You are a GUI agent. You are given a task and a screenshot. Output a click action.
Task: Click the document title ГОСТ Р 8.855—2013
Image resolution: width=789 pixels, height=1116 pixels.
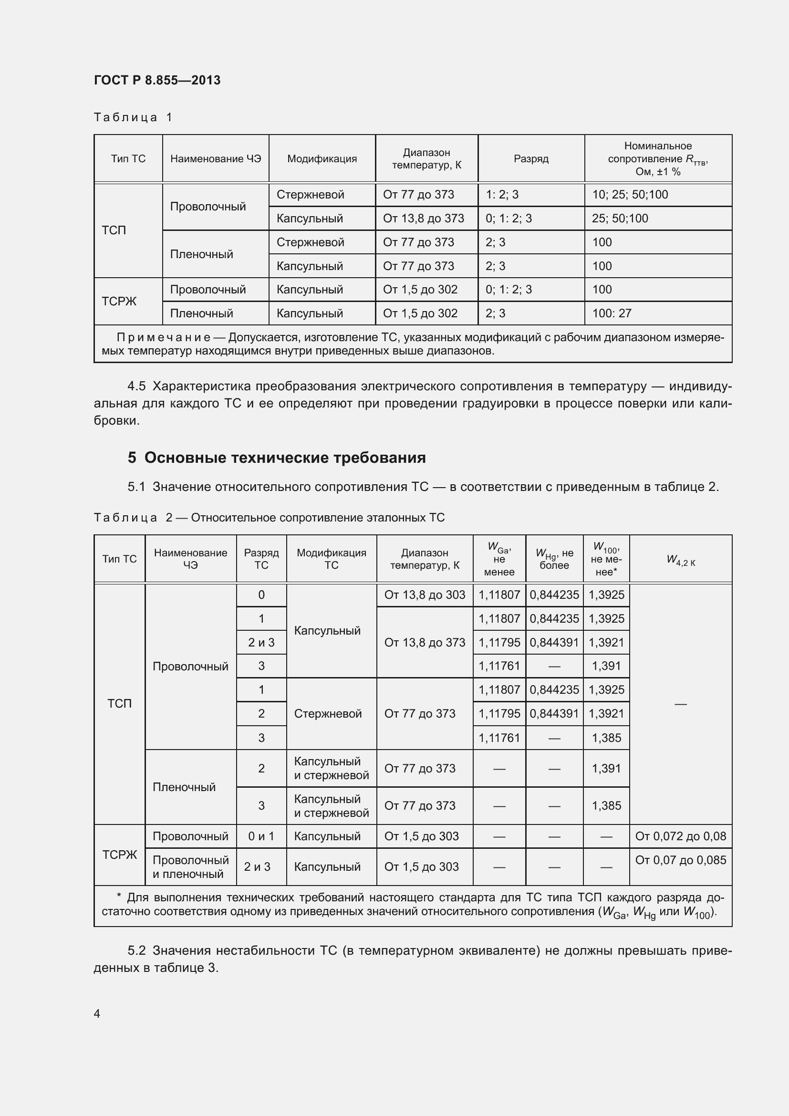tap(157, 80)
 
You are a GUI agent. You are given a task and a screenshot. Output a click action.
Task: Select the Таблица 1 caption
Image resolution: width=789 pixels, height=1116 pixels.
tap(133, 117)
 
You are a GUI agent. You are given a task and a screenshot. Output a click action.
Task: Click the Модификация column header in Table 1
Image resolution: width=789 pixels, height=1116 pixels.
tap(322, 159)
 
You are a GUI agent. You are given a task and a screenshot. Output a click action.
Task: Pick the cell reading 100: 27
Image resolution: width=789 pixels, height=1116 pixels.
tap(612, 313)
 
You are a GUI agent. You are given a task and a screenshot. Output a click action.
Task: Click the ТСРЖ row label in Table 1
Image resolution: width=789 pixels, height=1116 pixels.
tap(119, 302)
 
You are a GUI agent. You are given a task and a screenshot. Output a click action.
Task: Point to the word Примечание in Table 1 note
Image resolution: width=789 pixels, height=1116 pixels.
tap(163, 337)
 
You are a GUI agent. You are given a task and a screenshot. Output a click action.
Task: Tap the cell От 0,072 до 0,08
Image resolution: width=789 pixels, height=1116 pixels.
tap(680, 836)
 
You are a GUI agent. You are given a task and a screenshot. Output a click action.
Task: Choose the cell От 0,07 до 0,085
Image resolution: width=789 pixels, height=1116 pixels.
tap(680, 860)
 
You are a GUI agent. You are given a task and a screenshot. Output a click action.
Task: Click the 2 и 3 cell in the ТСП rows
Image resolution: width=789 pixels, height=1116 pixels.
tap(261, 643)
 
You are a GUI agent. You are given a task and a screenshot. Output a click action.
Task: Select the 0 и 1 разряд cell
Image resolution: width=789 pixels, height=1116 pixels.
tap(261, 836)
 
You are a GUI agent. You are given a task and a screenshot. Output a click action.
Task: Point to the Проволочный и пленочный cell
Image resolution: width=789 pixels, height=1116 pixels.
tap(190, 866)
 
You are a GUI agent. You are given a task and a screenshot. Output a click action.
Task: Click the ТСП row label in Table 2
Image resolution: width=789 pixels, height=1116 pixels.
tap(120, 703)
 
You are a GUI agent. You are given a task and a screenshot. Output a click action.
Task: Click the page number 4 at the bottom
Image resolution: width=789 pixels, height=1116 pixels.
tap(97, 1013)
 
